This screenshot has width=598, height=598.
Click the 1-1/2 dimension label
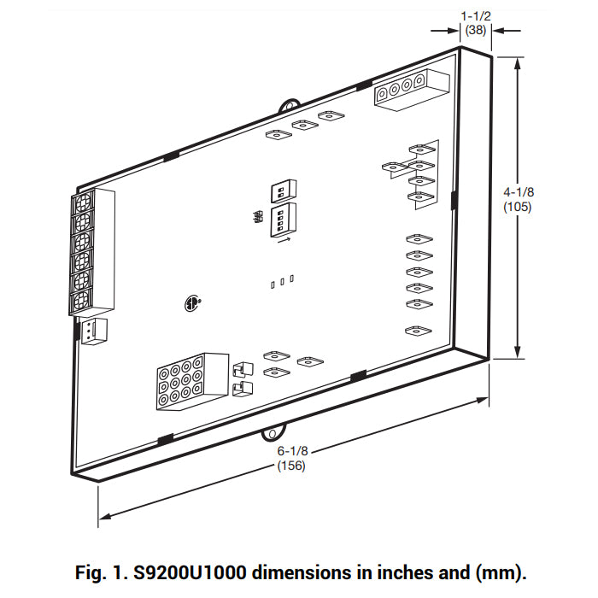pos(476,15)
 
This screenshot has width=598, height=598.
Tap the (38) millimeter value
pos(476,29)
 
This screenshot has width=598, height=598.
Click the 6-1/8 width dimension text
pos(291,451)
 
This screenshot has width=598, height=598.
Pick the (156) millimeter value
pos(291,466)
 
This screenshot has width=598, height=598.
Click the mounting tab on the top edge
pos(290,103)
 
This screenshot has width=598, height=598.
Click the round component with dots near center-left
pos(193,302)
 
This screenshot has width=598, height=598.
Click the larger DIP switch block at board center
pos(284,219)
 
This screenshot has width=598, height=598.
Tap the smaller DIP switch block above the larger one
pos(282,189)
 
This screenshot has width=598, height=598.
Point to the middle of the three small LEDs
pos(283,281)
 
